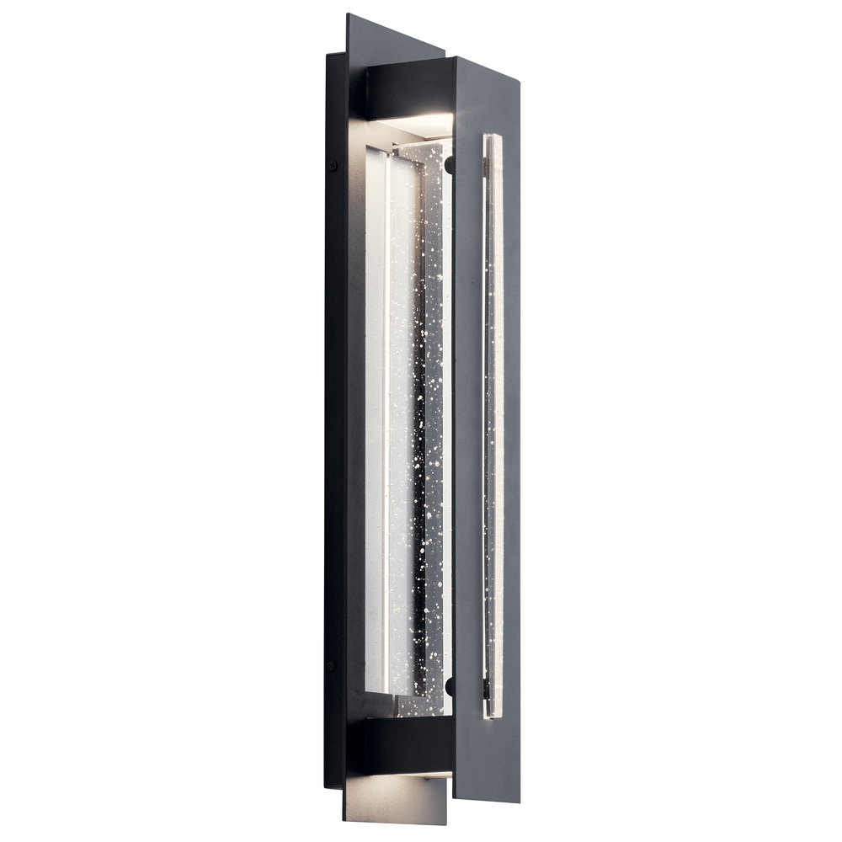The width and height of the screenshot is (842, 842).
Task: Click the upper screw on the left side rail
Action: tap(333, 166)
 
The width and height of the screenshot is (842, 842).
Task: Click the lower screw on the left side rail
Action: tap(331, 665)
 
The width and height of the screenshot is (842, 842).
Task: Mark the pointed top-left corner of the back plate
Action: tap(347, 14)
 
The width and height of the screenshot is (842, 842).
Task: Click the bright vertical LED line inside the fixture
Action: tap(386, 421)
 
